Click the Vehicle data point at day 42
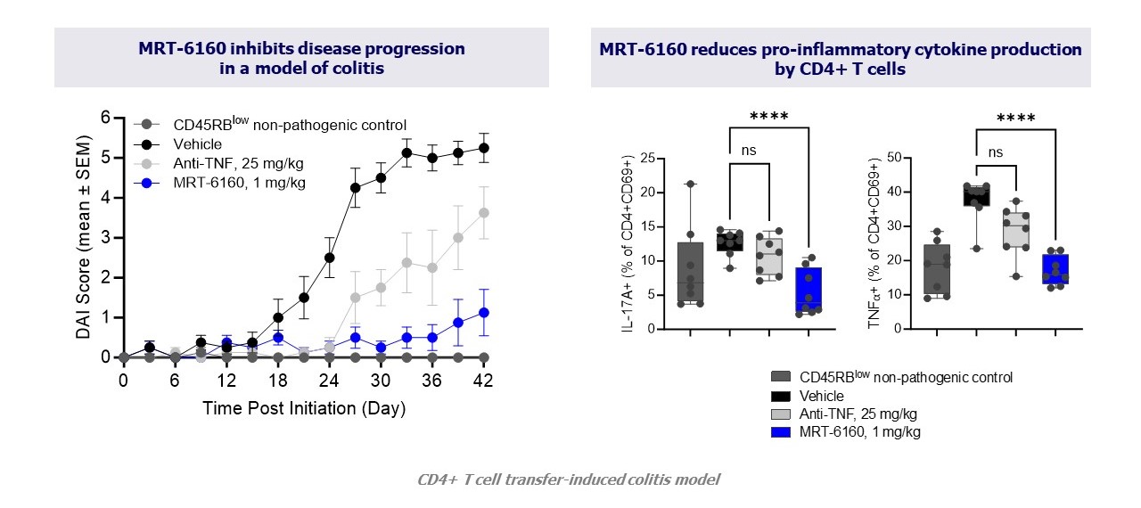click(x=484, y=148)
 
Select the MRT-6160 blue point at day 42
click(x=484, y=312)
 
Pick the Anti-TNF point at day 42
click(x=484, y=212)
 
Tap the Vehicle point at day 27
click(x=355, y=187)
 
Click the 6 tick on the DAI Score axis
click(x=105, y=118)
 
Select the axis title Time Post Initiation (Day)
click(x=304, y=409)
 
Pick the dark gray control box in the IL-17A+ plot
click(x=691, y=274)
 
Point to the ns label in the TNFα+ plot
click(x=996, y=152)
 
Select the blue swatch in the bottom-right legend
click(x=783, y=432)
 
